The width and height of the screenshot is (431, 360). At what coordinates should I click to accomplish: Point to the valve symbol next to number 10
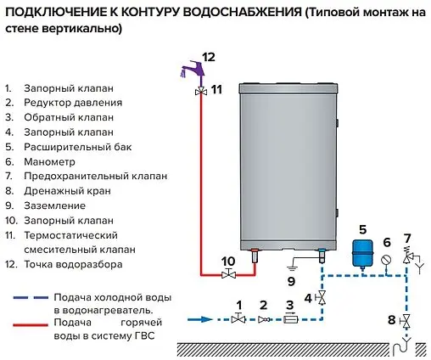point(227,275)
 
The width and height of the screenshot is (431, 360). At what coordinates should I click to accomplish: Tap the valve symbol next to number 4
point(322,298)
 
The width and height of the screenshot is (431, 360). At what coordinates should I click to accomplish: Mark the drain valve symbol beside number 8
point(408,320)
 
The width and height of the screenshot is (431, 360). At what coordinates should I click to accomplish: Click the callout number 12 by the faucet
point(209,57)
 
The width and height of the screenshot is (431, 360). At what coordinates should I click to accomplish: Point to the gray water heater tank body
point(288,161)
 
